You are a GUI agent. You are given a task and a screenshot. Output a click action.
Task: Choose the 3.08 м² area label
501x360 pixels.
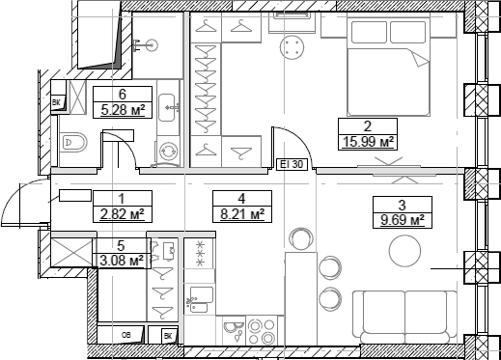(123, 259)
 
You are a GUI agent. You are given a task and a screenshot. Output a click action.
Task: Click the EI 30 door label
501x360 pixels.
(292, 164)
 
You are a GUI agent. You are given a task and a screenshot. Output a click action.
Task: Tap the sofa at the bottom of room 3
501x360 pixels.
(404, 315)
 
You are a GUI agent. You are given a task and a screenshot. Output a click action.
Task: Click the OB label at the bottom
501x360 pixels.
(128, 336)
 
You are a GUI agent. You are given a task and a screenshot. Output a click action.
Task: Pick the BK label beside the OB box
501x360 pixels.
(168, 336)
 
